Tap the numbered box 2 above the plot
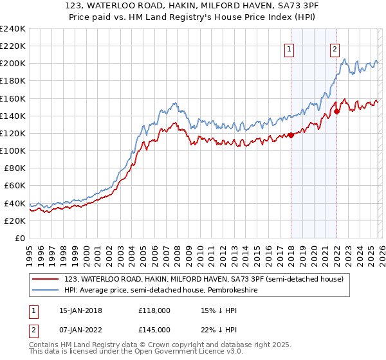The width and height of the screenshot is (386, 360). (335, 49)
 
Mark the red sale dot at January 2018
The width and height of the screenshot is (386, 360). (291, 135)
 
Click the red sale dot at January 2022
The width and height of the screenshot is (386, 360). (336, 111)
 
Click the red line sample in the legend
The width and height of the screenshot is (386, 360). (45, 279)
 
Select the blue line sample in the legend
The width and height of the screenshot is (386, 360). (45, 290)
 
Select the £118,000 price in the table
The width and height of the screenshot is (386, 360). (153, 310)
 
